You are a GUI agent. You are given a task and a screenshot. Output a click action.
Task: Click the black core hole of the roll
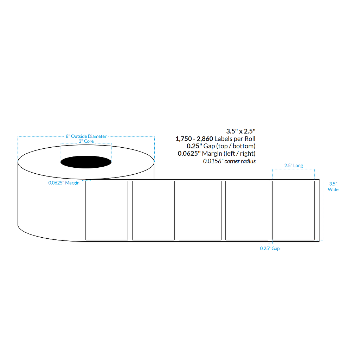click(86, 162)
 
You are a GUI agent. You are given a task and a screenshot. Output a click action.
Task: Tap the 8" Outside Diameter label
click(86, 136)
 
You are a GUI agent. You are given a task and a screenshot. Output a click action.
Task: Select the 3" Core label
click(86, 141)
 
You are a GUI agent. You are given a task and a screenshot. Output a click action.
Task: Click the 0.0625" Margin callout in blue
click(64, 183)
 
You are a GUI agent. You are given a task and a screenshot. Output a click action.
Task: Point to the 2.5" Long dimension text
click(293, 166)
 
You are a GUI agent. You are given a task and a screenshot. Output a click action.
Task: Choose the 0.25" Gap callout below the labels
click(270, 249)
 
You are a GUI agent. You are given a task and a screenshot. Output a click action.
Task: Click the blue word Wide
click(333, 190)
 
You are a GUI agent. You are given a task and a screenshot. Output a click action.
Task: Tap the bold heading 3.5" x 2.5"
click(240, 131)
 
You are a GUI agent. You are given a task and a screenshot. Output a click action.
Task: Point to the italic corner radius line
click(229, 161)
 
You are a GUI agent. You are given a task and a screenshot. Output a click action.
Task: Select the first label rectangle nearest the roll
click(107, 210)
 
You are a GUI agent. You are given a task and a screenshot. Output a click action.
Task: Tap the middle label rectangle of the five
click(200, 210)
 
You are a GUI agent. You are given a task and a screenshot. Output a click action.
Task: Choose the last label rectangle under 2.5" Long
click(293, 210)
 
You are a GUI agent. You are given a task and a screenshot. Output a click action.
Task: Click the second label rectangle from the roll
click(153, 210)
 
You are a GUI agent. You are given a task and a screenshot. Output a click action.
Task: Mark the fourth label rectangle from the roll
click(246, 210)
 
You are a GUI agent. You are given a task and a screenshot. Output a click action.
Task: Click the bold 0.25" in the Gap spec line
click(194, 146)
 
